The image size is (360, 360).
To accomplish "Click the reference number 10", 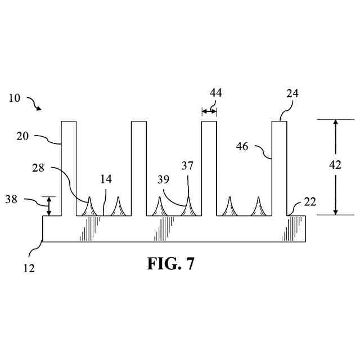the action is pos(15,98).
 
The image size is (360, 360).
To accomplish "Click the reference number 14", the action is pos(106,179).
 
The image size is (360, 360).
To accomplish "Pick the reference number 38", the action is pos(11,199).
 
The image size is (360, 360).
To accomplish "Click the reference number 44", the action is pos(215,93).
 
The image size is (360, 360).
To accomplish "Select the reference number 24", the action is pos(292,94).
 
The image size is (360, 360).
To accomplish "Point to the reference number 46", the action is pos(243,147).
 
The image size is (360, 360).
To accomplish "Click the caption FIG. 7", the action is pos(171,264).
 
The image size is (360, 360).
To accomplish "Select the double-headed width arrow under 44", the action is pos(209,112).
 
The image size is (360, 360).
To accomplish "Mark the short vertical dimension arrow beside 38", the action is pos(49,206).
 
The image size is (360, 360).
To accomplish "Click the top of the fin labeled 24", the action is pos(280,122).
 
